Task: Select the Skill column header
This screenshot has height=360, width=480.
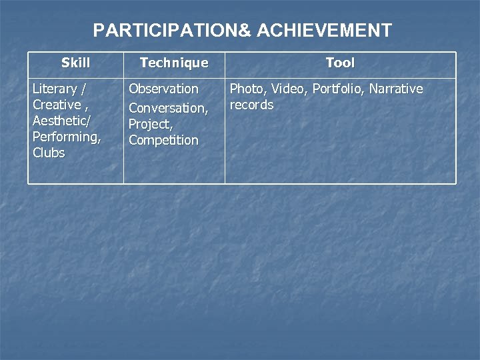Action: pyautogui.click(x=75, y=63)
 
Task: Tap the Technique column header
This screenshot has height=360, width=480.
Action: pyautogui.click(x=173, y=63)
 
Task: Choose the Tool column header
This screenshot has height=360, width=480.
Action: pyautogui.click(x=340, y=63)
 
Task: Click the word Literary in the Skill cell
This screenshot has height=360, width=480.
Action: pyautogui.click(x=55, y=89)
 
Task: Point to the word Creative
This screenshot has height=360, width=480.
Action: pyautogui.click(x=57, y=105)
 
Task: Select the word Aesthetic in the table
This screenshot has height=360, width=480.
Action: pyautogui.click(x=60, y=121)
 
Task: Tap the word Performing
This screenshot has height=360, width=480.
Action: pyautogui.click(x=66, y=137)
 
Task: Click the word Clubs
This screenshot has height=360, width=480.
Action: pyautogui.click(x=49, y=153)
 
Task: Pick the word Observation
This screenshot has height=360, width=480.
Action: pyautogui.click(x=163, y=89)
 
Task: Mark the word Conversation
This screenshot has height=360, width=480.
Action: pyautogui.click(x=167, y=108)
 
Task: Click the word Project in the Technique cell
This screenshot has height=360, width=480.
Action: pyautogui.click(x=148, y=124)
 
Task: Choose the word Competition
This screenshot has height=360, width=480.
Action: pyautogui.click(x=163, y=140)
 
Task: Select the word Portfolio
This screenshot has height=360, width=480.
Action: pyautogui.click(x=338, y=89)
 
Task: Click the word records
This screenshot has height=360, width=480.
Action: pyautogui.click(x=251, y=105)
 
